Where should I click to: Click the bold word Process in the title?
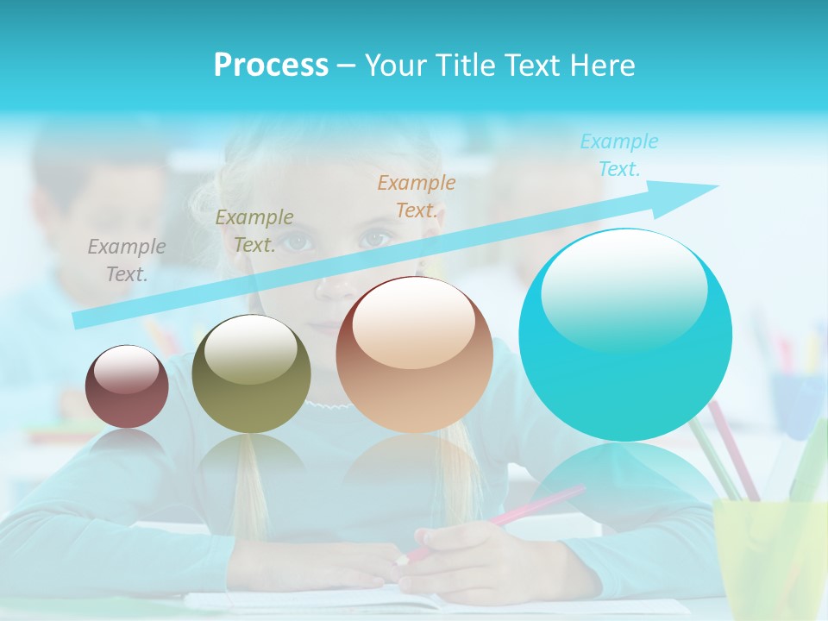[271, 66]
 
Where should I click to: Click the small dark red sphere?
[127, 386]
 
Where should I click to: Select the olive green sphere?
[251, 373]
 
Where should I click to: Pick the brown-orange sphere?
[414, 354]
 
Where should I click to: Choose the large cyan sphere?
[625, 335]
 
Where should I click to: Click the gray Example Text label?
[127, 260]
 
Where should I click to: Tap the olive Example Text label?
[254, 230]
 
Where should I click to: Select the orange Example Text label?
[417, 196]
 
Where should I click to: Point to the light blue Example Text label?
[619, 154]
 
